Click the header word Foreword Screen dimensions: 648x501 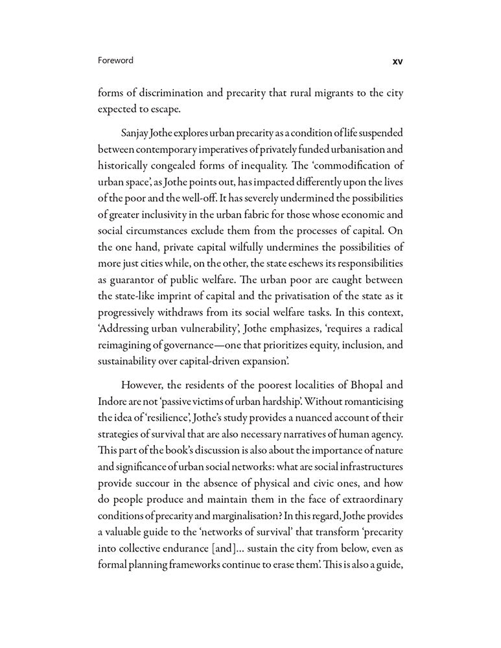115,60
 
